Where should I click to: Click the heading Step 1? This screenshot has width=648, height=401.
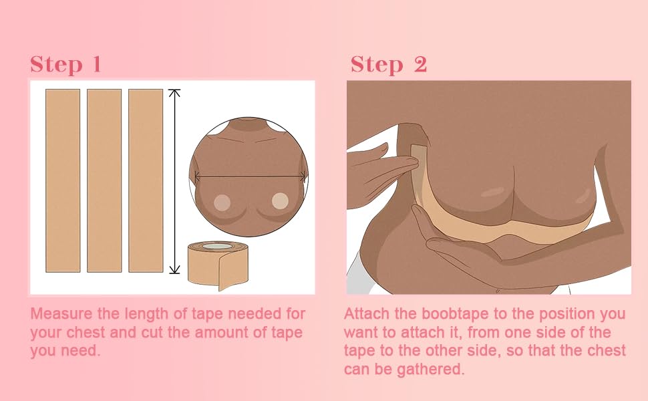tap(65, 64)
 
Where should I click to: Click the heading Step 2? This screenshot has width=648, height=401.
tap(389, 64)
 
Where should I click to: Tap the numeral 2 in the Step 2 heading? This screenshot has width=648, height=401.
tap(420, 64)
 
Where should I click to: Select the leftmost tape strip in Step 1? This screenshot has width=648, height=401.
tap(63, 180)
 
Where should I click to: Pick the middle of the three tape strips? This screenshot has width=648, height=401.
tap(104, 180)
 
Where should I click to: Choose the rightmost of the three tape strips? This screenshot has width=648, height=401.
tap(146, 180)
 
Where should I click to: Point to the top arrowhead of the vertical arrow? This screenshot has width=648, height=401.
tap(175, 92)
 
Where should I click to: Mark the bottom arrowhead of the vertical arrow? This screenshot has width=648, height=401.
tap(175, 269)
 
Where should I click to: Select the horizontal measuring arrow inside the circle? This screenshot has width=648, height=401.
tap(250, 176)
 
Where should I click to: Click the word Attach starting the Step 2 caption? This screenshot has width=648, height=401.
tap(365, 313)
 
